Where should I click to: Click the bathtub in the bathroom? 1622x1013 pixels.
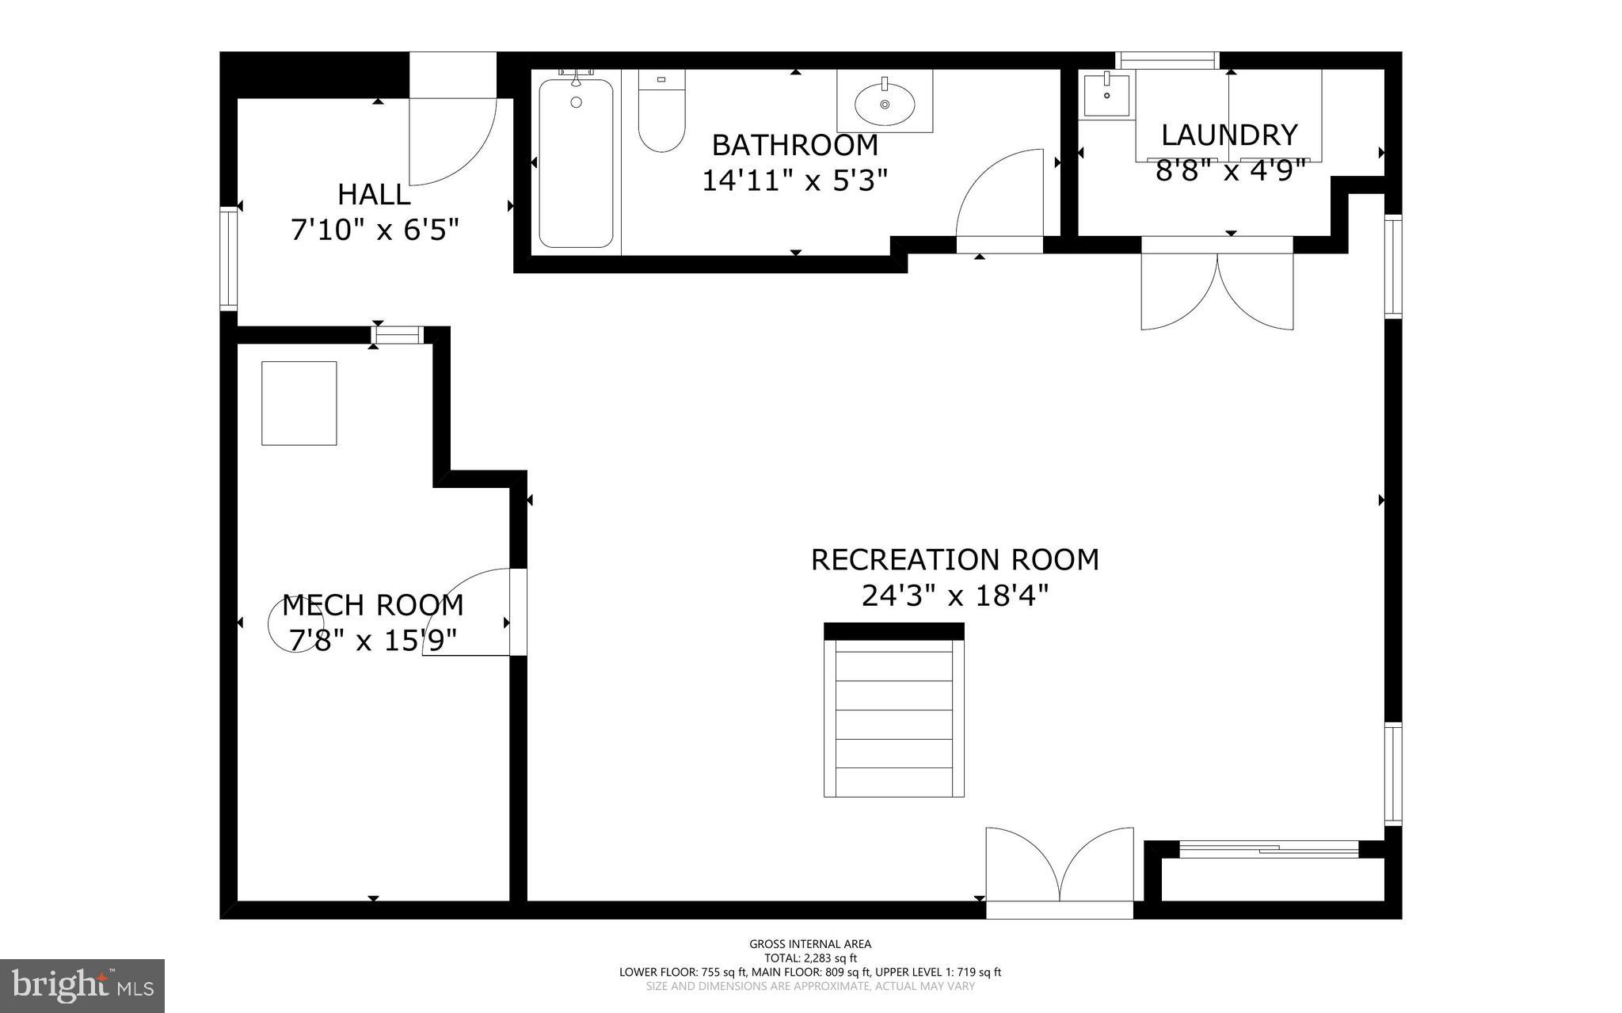tap(576, 164)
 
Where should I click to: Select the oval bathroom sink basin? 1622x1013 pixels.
tap(885, 104)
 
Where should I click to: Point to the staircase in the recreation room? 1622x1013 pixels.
tap(894, 717)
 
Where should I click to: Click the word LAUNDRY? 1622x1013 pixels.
tap(1229, 135)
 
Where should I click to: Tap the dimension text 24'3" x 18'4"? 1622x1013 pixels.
tap(954, 596)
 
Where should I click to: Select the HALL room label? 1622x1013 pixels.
tap(374, 195)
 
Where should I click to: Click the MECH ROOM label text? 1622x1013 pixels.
tap(372, 605)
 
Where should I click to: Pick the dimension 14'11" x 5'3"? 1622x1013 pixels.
tap(794, 181)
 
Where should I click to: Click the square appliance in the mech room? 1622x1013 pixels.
tap(299, 403)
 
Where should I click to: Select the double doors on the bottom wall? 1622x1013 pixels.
tap(1059, 867)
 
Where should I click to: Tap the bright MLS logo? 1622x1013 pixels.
tap(82, 985)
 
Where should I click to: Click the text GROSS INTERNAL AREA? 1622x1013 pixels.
tap(810, 943)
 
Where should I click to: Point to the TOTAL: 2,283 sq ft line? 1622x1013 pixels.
tap(810, 958)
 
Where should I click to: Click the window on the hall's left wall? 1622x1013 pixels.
tap(228, 258)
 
